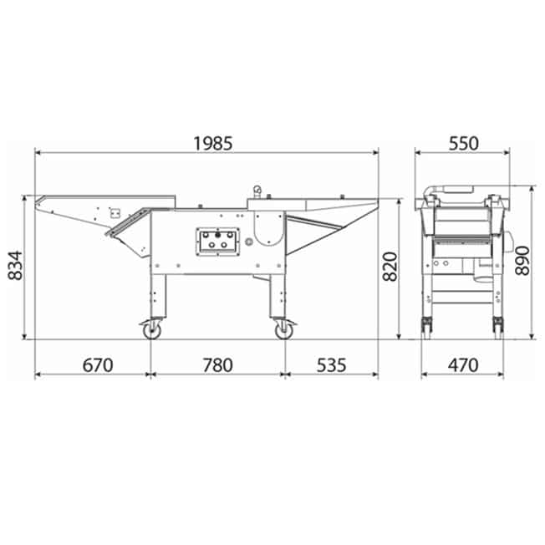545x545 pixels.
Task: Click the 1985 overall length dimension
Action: [x=212, y=144]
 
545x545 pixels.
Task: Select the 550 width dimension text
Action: [x=463, y=144]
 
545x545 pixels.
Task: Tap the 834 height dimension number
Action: [x=15, y=266]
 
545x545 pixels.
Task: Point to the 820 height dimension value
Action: [x=390, y=267]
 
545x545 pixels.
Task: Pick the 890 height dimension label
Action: [x=522, y=260]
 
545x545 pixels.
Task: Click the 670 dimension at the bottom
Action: [x=98, y=365]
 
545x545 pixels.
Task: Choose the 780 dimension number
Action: [x=218, y=365]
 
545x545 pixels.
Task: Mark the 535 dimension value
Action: [x=331, y=365]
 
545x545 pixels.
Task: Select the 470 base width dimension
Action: [x=463, y=365]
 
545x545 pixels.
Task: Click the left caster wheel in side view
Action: [x=152, y=330]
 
